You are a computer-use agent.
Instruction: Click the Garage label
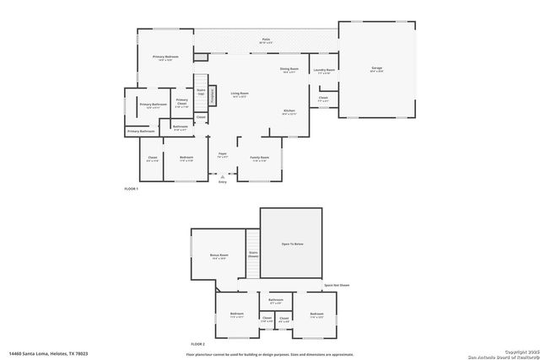click(x=377, y=68)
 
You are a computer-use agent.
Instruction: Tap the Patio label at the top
click(x=266, y=40)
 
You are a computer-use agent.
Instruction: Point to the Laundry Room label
click(x=324, y=71)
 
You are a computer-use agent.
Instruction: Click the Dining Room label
click(x=289, y=70)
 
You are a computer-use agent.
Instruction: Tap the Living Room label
click(x=240, y=94)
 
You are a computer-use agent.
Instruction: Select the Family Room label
click(x=259, y=159)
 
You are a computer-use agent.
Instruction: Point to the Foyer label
click(x=222, y=155)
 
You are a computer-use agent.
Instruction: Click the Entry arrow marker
click(x=223, y=179)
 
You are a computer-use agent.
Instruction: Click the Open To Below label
click(x=291, y=244)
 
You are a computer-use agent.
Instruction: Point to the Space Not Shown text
click(x=336, y=285)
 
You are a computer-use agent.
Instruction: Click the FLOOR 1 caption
click(x=131, y=188)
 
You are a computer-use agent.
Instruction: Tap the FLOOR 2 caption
click(x=197, y=344)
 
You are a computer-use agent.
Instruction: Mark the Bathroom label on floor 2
click(x=276, y=301)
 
